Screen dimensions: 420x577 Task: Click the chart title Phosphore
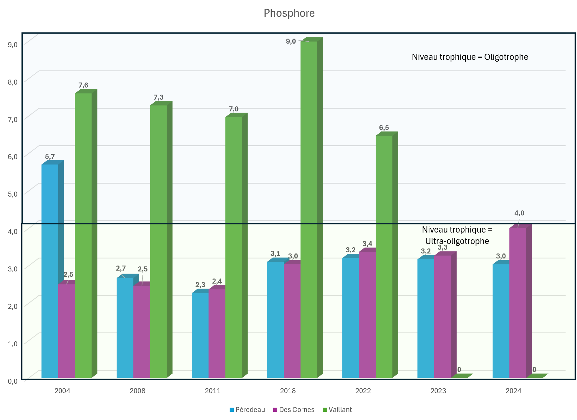[x=289, y=13]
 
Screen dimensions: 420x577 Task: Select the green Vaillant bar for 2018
[x=309, y=206]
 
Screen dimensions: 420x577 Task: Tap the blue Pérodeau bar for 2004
[x=50, y=265]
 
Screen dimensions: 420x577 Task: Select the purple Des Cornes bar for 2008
[x=142, y=330]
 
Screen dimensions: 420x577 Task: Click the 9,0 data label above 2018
[x=291, y=41]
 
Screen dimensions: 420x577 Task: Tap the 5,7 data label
[x=50, y=157]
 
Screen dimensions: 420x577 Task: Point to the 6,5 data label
[x=384, y=128]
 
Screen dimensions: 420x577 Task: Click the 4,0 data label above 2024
[x=519, y=213]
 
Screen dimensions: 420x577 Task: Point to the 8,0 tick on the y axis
[x=13, y=82]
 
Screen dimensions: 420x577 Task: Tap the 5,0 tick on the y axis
[x=13, y=194]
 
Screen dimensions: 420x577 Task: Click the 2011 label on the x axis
[x=213, y=391]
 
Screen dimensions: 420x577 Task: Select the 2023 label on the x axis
[x=438, y=391]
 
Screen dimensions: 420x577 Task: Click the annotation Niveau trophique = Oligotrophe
[x=470, y=57]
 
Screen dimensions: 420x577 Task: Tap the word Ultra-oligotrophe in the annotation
[x=457, y=241]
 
